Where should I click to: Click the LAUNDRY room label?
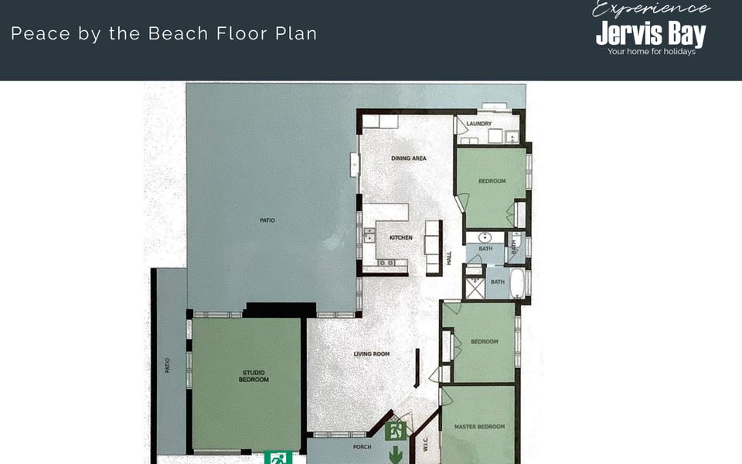coord(479,124)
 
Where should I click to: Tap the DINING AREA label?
coord(409,159)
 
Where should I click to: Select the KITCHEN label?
coord(400,237)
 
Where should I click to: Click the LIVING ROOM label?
coord(372,354)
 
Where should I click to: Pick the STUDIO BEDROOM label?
coord(254,376)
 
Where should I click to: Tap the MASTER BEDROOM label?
coord(479,427)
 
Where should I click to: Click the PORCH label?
coord(362,447)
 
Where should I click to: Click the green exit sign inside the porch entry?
coord(396,430)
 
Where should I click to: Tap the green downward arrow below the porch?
coord(396,455)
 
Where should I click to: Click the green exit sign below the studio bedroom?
coord(278,458)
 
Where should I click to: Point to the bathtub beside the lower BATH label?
coord(517,283)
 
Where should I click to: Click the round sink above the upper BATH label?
coord(486,237)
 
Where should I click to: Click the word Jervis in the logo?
coord(624,34)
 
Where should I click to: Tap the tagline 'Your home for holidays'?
coord(651,52)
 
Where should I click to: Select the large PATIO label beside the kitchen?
coord(267,220)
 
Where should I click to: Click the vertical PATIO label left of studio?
coord(168,364)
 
